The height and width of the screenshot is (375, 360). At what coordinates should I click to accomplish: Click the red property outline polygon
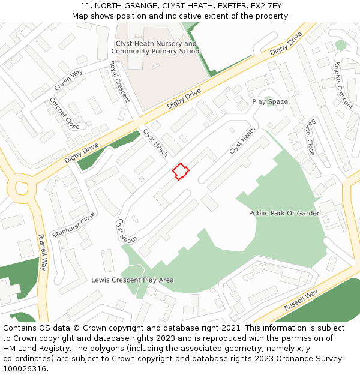click(181, 172)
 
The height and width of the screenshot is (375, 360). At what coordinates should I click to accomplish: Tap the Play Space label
click(270, 102)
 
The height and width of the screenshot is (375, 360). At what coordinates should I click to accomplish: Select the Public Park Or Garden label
click(285, 213)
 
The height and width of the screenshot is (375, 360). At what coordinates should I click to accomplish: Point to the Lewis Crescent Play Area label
click(133, 280)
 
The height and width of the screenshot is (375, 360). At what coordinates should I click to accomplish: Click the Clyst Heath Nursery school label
click(156, 47)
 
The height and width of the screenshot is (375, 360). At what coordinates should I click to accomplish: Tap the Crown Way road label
click(68, 80)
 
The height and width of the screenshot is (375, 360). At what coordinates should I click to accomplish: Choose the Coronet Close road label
click(64, 113)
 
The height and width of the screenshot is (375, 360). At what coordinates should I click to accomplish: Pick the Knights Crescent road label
click(344, 85)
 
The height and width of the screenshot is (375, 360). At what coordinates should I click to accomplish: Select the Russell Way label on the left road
click(42, 252)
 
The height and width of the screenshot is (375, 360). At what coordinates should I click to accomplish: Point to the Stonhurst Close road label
click(74, 224)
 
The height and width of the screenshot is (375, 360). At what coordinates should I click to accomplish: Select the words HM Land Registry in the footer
click(33, 349)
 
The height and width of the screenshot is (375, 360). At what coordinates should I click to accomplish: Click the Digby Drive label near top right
click(286, 44)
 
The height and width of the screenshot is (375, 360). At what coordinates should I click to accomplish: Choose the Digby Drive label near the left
click(82, 153)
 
